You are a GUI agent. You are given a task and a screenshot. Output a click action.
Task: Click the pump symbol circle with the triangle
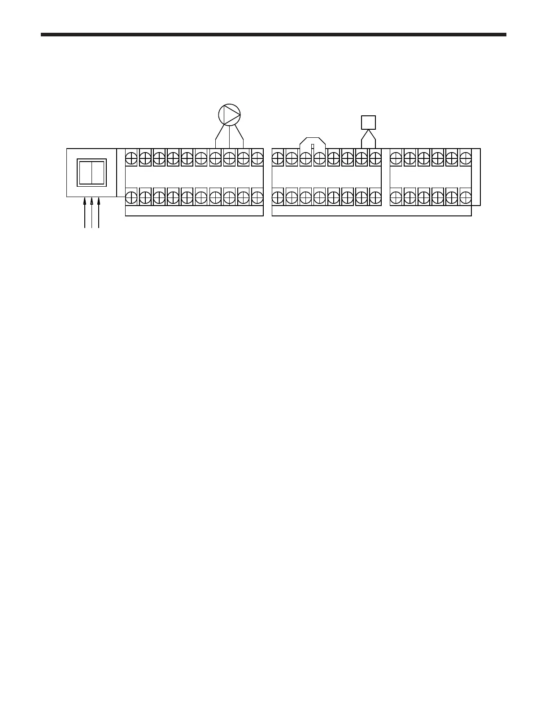[229, 114]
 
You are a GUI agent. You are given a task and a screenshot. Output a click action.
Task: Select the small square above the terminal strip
[368, 122]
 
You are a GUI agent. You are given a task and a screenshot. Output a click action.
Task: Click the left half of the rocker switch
[85, 172]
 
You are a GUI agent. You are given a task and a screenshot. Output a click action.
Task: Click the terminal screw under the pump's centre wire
[229, 158]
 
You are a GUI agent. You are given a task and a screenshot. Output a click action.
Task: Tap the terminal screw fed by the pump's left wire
[215, 158]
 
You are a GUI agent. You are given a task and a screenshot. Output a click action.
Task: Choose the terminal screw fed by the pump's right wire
[243, 158]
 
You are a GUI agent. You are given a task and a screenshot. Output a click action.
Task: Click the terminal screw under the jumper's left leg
[305, 158]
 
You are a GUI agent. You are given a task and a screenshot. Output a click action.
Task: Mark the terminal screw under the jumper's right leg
[319, 158]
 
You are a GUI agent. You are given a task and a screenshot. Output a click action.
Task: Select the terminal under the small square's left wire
[361, 158]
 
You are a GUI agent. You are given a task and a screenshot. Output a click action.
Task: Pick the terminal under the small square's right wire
[375, 158]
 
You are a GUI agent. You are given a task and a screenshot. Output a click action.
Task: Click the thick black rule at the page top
[274, 34]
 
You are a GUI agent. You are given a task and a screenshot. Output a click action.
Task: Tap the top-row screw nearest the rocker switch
[131, 158]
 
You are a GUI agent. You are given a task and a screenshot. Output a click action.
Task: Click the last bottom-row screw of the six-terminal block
[466, 197]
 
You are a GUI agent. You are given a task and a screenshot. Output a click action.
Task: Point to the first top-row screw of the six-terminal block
[396, 158]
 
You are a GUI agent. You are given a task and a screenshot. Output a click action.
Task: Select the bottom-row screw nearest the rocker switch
[131, 197]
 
